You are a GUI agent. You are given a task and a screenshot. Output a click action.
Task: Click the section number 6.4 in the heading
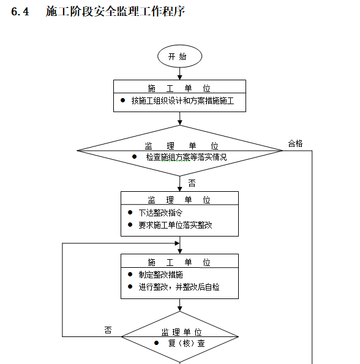(x=20, y=12)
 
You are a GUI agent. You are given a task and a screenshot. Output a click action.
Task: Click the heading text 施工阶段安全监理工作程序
(x=115, y=12)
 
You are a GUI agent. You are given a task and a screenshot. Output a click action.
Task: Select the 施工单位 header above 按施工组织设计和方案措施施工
(x=179, y=88)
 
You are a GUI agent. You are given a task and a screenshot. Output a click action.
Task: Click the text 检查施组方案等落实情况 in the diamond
(x=186, y=157)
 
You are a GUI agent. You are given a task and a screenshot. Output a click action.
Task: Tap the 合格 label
(x=295, y=143)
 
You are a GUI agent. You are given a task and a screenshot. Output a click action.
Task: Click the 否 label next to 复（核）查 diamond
(x=108, y=330)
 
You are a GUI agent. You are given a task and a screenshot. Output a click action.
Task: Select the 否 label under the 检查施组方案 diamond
(x=192, y=183)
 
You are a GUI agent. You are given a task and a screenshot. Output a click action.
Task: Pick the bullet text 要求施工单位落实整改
(x=175, y=225)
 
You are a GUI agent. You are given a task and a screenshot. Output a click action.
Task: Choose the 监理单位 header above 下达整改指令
(x=179, y=199)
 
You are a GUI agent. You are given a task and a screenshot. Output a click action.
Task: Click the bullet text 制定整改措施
(x=160, y=275)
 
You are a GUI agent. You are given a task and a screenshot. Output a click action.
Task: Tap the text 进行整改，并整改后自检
(x=178, y=287)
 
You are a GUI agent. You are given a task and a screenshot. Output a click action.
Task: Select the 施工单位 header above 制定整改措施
(x=179, y=262)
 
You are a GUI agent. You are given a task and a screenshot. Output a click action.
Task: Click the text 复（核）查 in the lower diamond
(x=186, y=343)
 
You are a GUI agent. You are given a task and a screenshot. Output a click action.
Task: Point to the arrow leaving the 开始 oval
(x=179, y=73)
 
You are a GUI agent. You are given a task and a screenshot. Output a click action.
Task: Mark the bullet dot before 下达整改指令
(x=130, y=212)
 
